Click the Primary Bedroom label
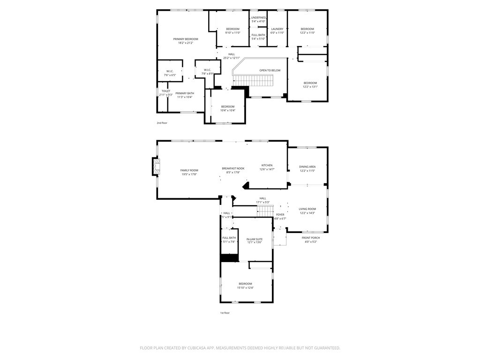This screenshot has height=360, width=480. click(x=185, y=39)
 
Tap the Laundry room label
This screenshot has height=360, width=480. click(x=277, y=29)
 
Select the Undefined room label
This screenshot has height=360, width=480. click(x=258, y=17)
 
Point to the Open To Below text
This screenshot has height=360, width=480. click(x=270, y=70)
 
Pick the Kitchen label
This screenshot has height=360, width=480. click(x=267, y=165)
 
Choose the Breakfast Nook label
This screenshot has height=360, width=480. click(x=233, y=168)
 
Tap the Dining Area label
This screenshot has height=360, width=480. click(x=307, y=166)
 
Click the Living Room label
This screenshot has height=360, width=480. click(x=307, y=209)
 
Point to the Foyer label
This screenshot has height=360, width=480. click(x=280, y=215)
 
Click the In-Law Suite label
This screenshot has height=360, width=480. click(x=255, y=239)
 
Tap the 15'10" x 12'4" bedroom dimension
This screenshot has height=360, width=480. click(x=245, y=288)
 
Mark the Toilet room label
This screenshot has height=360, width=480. click(x=166, y=91)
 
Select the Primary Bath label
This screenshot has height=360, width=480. click(x=185, y=93)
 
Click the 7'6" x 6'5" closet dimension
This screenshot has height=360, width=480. click(x=170, y=75)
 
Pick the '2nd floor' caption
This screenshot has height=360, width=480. click(x=162, y=123)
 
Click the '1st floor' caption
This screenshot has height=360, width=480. click(x=225, y=313)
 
